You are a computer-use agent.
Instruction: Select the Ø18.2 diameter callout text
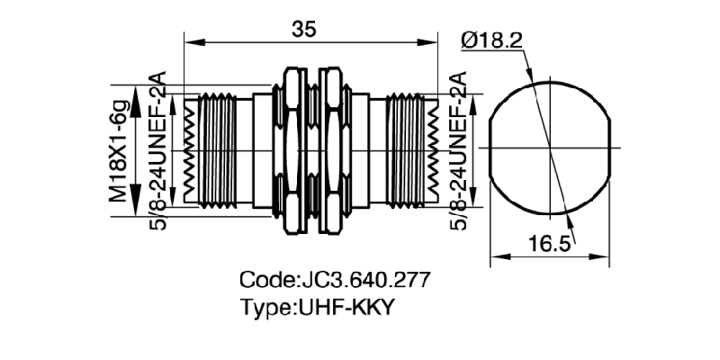pyautogui.click(x=493, y=40)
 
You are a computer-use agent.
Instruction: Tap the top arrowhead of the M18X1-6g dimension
pyautogui.click(x=136, y=91)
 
